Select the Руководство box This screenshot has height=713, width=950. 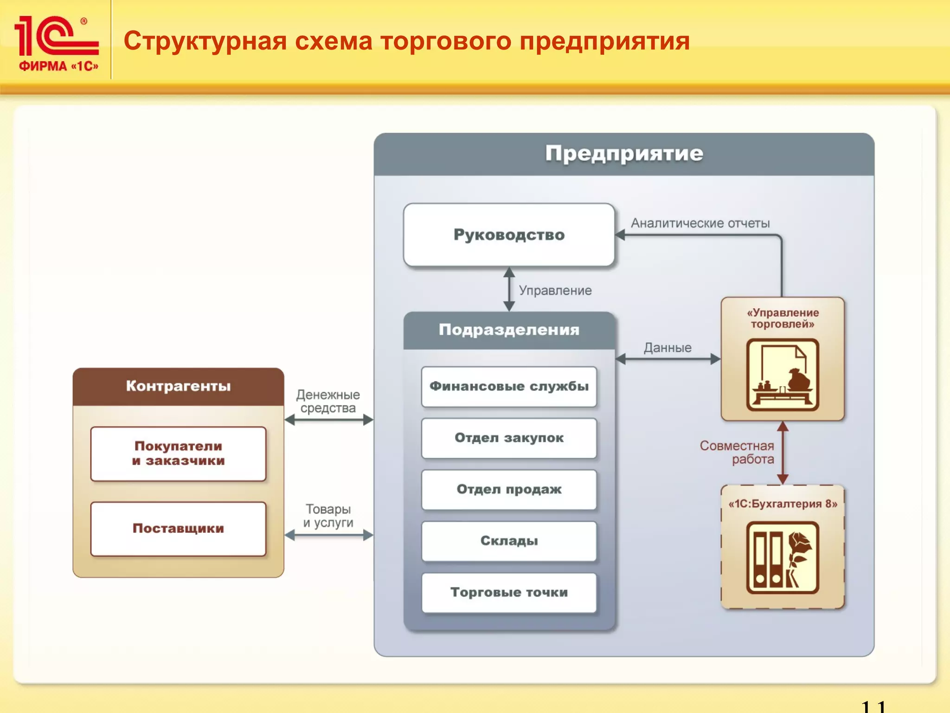(x=509, y=235)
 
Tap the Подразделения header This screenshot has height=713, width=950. (x=509, y=330)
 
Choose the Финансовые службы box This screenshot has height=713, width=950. (x=509, y=387)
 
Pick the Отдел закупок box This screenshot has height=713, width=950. (x=509, y=438)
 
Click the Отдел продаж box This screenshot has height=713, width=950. (x=509, y=490)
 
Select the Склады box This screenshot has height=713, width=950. (x=509, y=541)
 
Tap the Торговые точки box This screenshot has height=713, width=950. (x=509, y=593)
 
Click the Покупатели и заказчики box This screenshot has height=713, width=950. (x=178, y=454)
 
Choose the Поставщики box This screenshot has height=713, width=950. (x=178, y=529)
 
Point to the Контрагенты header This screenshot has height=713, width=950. (x=178, y=386)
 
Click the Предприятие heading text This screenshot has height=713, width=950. (x=624, y=154)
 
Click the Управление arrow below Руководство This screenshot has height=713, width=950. (x=509, y=289)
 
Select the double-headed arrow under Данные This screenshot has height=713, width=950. (x=668, y=359)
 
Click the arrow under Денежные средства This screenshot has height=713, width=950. (x=328, y=420)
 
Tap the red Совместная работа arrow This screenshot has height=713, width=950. (x=783, y=453)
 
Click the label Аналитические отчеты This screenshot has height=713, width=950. (x=700, y=223)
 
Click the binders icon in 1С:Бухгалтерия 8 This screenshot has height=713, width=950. (x=783, y=557)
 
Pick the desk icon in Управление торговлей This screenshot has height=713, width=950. (x=783, y=375)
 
